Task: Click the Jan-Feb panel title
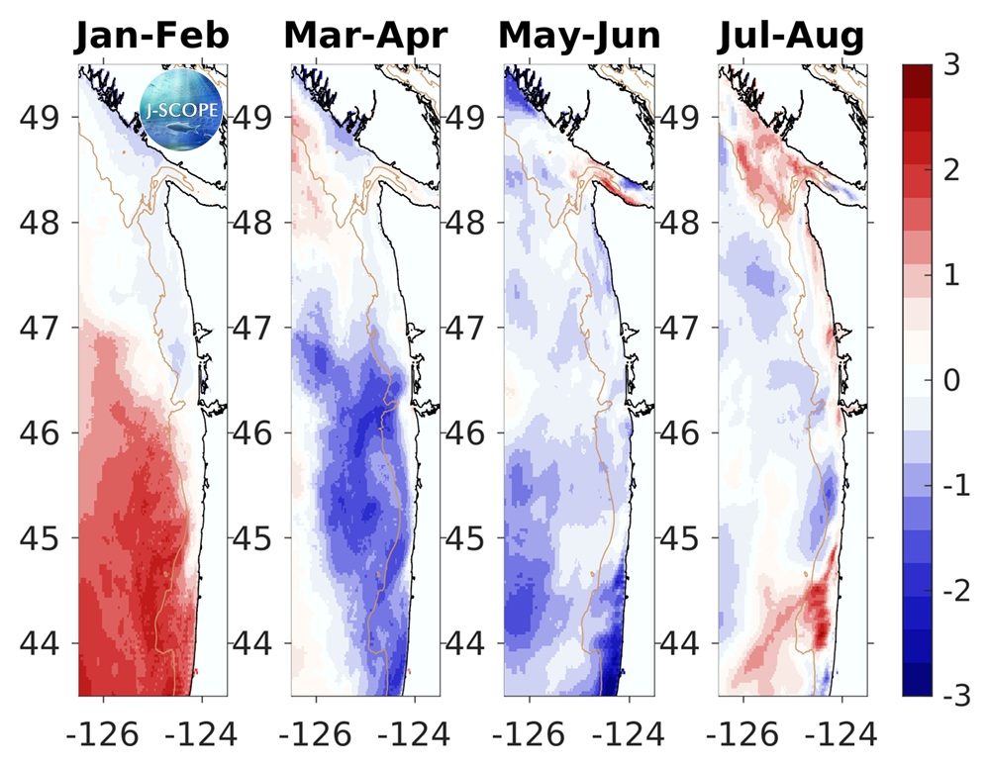[x=152, y=36]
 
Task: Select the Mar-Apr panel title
[x=365, y=36]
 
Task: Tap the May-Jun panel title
[x=579, y=36]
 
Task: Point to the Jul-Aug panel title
[x=791, y=36]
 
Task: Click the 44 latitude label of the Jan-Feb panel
[x=42, y=644]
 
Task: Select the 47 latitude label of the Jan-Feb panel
[x=42, y=328]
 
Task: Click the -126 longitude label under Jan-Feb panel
[x=95, y=734]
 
